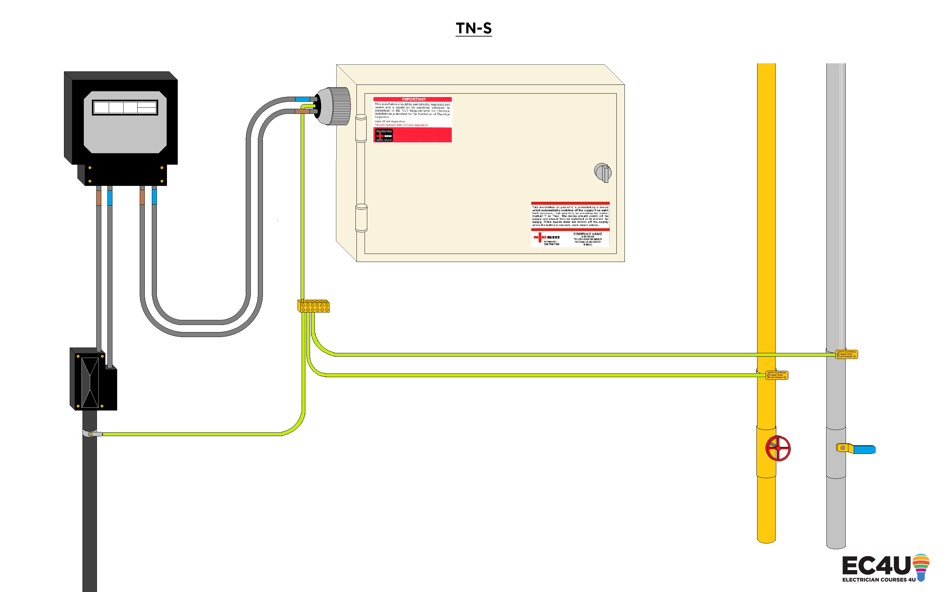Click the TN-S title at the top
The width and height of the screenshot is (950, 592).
[x=473, y=28]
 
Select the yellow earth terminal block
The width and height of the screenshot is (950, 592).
[x=313, y=306]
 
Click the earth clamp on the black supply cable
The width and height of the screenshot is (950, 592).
[x=91, y=434]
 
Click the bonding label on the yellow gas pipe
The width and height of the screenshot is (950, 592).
[x=777, y=375]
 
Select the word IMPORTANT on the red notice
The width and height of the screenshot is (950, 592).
[x=413, y=99]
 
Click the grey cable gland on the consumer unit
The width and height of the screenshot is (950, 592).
[x=335, y=106]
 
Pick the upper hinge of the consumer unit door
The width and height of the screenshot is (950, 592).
[x=361, y=128]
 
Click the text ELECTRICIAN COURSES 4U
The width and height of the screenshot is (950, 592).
[x=878, y=580]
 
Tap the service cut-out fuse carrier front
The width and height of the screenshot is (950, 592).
[x=90, y=382]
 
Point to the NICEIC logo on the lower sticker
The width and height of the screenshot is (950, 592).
[x=546, y=238]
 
